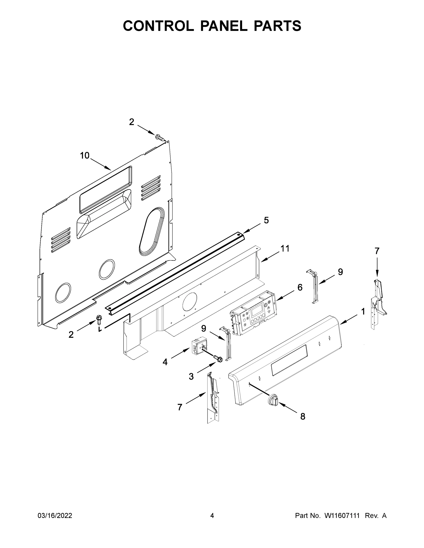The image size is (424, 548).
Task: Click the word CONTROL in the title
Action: (158, 26)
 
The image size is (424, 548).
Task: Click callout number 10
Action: (85, 155)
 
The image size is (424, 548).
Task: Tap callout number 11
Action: (285, 248)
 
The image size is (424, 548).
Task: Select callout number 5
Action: (266, 220)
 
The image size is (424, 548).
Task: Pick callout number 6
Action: (300, 287)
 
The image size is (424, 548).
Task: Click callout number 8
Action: (303, 416)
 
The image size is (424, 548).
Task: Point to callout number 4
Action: (165, 362)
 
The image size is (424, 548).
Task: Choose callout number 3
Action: (191, 376)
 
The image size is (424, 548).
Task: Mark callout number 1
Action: (363, 312)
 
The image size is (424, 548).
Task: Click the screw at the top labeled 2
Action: (159, 137)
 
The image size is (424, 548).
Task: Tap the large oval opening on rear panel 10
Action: (151, 231)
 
